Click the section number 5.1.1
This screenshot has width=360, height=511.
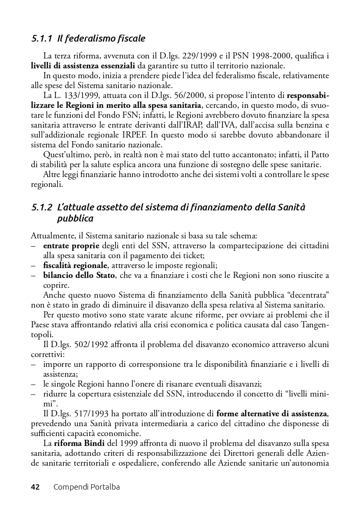pyautogui.click(x=42, y=39)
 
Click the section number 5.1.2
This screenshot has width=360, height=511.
pyautogui.click(x=42, y=208)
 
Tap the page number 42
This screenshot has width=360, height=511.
pyautogui.click(x=35, y=487)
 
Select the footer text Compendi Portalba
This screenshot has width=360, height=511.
pyautogui.click(x=86, y=487)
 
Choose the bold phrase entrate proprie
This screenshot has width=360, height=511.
pyautogui.click(x=71, y=246)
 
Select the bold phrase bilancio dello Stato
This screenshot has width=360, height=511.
pyautogui.click(x=79, y=275)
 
